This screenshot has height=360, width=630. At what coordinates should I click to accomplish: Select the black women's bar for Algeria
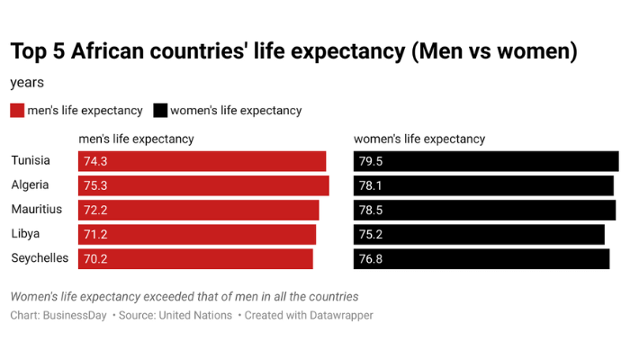pos(483,185)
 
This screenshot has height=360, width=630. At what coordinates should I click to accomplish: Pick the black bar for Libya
pos(479,234)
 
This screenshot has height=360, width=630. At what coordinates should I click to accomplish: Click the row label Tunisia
pos(31,160)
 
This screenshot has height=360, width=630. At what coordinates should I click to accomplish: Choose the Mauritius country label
pos(36,209)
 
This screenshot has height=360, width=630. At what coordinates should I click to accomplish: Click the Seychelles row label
pos(40,257)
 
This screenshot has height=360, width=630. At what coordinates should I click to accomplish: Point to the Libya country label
pos(25,233)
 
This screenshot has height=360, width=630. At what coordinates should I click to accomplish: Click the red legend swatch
pos(17,111)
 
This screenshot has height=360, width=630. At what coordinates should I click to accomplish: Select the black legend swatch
pos(160,111)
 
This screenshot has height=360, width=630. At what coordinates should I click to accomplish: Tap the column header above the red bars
pos(136,139)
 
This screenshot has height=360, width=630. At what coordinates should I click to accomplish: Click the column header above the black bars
pos(419,139)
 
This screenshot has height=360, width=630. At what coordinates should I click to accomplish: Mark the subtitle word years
pos(27,83)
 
